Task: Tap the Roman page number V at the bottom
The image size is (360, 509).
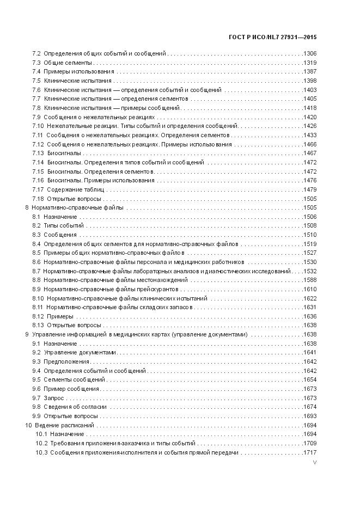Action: [x=315, y=463]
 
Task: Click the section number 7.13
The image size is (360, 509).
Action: [x=38, y=154]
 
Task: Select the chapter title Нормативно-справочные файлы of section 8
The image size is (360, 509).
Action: [x=77, y=207]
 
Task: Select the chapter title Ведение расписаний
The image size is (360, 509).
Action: [x=64, y=425]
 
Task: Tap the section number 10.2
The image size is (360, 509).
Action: [x=41, y=443]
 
